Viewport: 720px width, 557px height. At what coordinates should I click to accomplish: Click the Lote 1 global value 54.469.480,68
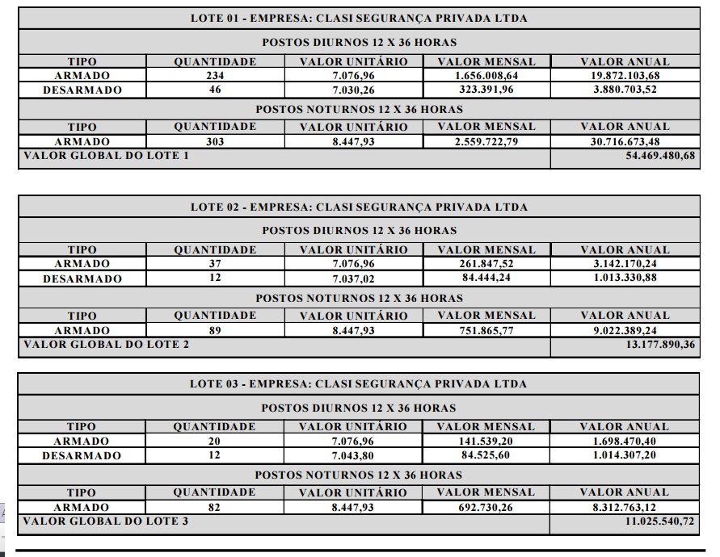click(660, 155)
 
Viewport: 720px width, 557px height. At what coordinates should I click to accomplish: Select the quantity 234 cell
click(215, 76)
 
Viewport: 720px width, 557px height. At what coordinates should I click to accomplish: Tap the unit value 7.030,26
click(353, 90)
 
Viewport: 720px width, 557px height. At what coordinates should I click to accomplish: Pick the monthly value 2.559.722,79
click(486, 141)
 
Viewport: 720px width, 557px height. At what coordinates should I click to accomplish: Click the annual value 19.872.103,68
click(625, 76)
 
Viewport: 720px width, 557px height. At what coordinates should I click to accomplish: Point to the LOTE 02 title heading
click(359, 207)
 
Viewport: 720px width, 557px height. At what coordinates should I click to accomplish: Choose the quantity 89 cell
click(215, 330)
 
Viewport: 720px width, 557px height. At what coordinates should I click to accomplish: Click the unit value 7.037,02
click(353, 278)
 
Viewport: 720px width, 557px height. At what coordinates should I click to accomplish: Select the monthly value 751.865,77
click(486, 330)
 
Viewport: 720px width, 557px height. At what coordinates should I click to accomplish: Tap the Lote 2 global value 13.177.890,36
click(660, 345)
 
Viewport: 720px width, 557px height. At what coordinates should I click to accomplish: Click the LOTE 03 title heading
click(359, 383)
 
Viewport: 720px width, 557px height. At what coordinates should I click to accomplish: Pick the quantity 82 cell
click(215, 507)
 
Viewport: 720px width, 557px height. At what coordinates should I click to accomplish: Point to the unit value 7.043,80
click(353, 455)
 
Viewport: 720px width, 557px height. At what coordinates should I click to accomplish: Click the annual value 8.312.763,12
click(625, 507)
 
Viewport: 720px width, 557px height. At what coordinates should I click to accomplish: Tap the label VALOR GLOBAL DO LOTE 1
click(106, 155)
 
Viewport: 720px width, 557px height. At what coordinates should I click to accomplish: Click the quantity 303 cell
click(215, 141)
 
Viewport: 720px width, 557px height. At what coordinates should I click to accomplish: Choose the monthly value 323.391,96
click(486, 90)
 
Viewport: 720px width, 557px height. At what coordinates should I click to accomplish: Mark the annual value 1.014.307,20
click(625, 455)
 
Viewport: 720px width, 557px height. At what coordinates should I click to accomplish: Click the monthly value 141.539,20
click(486, 441)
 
